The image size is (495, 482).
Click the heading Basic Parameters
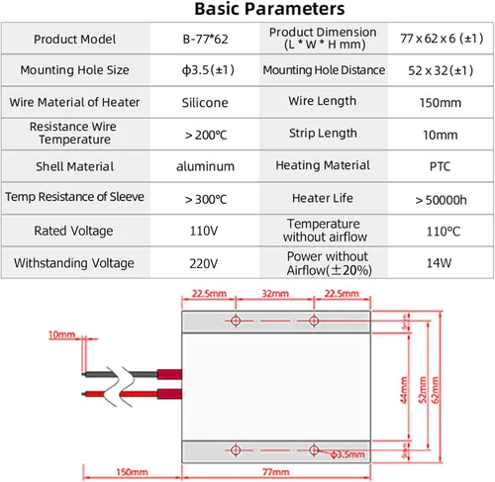click(x=269, y=9)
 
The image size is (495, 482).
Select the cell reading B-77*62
click(x=205, y=39)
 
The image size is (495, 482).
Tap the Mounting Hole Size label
click(x=74, y=70)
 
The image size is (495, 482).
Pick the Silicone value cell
click(x=205, y=103)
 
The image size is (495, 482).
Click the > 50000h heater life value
click(x=441, y=200)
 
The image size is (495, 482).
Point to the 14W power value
click(x=439, y=263)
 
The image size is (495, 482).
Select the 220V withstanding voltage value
click(x=204, y=263)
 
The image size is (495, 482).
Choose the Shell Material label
click(x=75, y=166)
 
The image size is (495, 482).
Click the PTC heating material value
click(x=440, y=166)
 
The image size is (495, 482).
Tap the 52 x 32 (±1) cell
click(x=441, y=70)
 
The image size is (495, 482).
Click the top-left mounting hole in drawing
click(x=236, y=321)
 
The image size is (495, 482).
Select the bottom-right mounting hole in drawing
click(x=314, y=450)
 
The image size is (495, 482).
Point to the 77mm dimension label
click(x=276, y=472)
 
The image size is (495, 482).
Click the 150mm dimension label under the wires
click(x=132, y=472)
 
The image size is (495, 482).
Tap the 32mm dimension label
click(x=275, y=293)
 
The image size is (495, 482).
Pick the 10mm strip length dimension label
click(x=61, y=335)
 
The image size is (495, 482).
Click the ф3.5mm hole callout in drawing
click(x=347, y=454)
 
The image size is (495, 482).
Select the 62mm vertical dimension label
click(x=436, y=390)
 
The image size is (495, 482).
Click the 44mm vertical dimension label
click(x=404, y=390)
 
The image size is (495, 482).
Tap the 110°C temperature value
click(x=444, y=232)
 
